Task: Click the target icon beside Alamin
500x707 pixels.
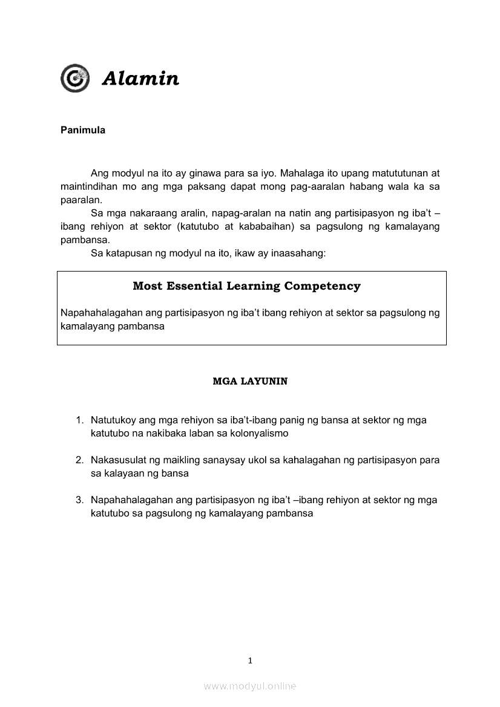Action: (x=74, y=79)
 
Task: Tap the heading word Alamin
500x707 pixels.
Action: (x=140, y=79)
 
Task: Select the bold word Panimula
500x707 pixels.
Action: (x=83, y=130)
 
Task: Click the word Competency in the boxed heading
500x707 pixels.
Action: (x=322, y=286)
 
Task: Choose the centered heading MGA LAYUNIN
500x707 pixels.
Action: (x=250, y=382)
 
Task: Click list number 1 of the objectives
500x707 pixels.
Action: (x=79, y=420)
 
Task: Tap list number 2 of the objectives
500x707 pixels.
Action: (x=79, y=460)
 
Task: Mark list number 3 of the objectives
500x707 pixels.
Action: (x=79, y=500)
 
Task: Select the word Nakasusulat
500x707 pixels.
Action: (x=118, y=460)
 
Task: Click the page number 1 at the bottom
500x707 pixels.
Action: (x=250, y=660)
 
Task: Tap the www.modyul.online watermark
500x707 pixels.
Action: (x=250, y=686)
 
